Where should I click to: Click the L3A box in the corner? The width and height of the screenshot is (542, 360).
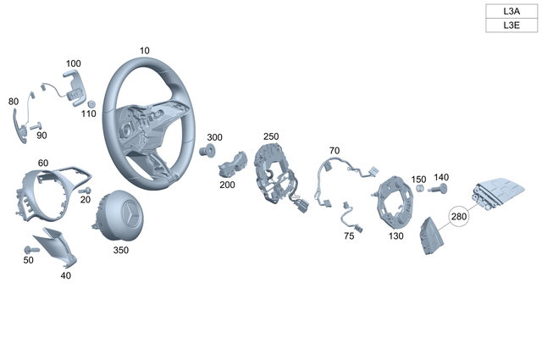point(511,11)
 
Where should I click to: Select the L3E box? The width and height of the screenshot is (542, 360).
point(511,25)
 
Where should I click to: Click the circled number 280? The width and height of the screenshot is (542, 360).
point(459,218)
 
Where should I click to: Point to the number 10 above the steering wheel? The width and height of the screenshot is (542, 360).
point(145,51)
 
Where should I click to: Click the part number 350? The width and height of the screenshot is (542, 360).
point(122,251)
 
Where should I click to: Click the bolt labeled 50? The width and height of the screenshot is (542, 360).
point(31,249)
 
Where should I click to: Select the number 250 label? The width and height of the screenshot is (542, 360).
point(270,136)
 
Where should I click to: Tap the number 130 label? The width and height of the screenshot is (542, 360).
point(396,237)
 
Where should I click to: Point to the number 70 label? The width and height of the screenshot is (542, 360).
point(334,151)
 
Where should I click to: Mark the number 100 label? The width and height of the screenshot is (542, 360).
point(74,64)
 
